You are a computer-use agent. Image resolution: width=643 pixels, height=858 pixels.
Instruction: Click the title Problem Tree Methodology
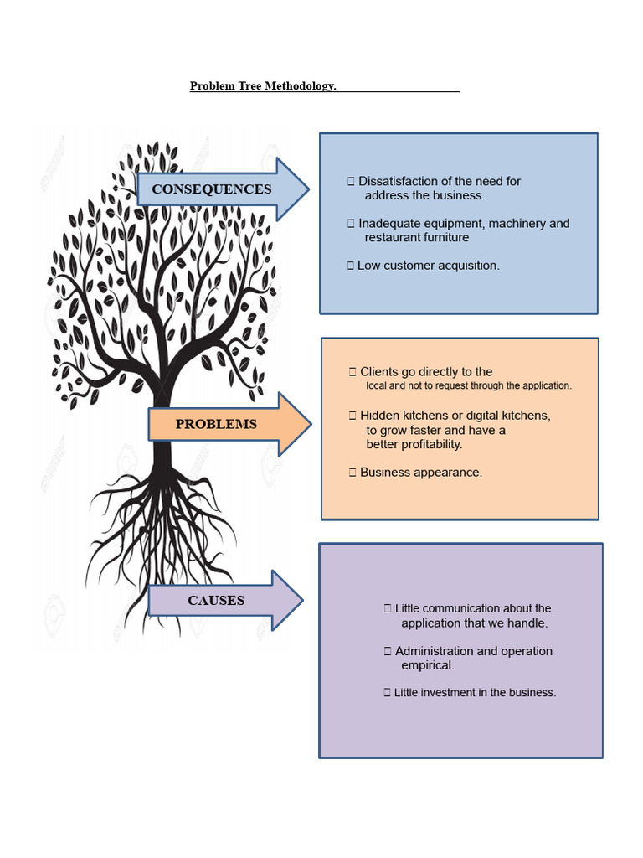click(x=263, y=86)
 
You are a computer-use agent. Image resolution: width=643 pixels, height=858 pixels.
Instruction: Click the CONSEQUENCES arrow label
click(x=212, y=189)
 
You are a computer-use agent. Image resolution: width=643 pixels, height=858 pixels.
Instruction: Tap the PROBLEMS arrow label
click(x=216, y=424)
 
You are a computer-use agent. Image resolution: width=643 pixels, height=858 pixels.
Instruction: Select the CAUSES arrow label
click(x=216, y=600)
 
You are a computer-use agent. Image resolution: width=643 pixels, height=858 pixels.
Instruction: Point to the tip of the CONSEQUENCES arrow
click(x=309, y=189)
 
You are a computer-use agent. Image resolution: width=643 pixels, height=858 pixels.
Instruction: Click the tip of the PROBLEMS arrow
click(x=311, y=424)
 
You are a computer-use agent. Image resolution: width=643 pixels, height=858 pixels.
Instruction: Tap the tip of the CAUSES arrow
click(x=303, y=600)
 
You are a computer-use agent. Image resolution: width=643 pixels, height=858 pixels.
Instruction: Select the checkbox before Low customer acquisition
click(x=351, y=266)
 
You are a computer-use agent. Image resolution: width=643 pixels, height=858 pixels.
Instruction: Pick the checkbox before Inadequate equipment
click(x=351, y=223)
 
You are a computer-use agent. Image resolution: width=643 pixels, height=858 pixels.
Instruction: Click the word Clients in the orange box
click(x=379, y=371)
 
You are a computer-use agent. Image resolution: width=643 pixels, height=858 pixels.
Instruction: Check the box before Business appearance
click(x=352, y=473)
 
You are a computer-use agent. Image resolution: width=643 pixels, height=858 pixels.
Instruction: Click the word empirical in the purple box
click(x=428, y=665)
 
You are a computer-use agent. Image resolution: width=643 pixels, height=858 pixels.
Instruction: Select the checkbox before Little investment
click(x=387, y=693)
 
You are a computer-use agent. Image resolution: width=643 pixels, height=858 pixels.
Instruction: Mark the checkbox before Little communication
click(x=388, y=608)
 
